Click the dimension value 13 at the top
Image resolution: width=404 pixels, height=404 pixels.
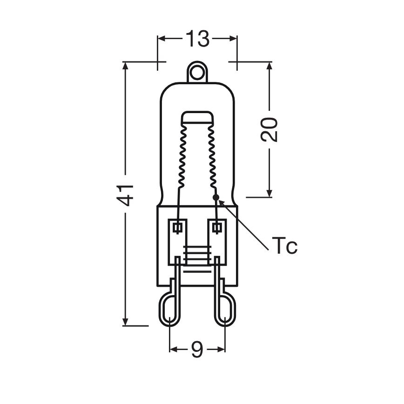click(198, 39)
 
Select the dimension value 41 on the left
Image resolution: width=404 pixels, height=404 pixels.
click(126, 194)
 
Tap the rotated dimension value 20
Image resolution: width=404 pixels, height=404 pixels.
click(269, 129)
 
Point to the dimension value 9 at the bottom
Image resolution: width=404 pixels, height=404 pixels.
click(197, 350)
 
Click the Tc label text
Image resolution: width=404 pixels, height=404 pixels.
click(284, 246)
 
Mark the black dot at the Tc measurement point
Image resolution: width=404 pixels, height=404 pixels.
click(215, 198)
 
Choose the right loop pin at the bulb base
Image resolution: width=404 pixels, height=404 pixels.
click(225, 307)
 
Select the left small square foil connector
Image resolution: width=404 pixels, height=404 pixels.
click(177, 228)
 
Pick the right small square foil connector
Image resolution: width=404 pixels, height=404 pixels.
click(217, 228)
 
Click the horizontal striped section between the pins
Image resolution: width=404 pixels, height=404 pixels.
click(197, 256)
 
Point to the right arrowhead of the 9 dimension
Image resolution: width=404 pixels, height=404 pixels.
click(222, 349)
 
